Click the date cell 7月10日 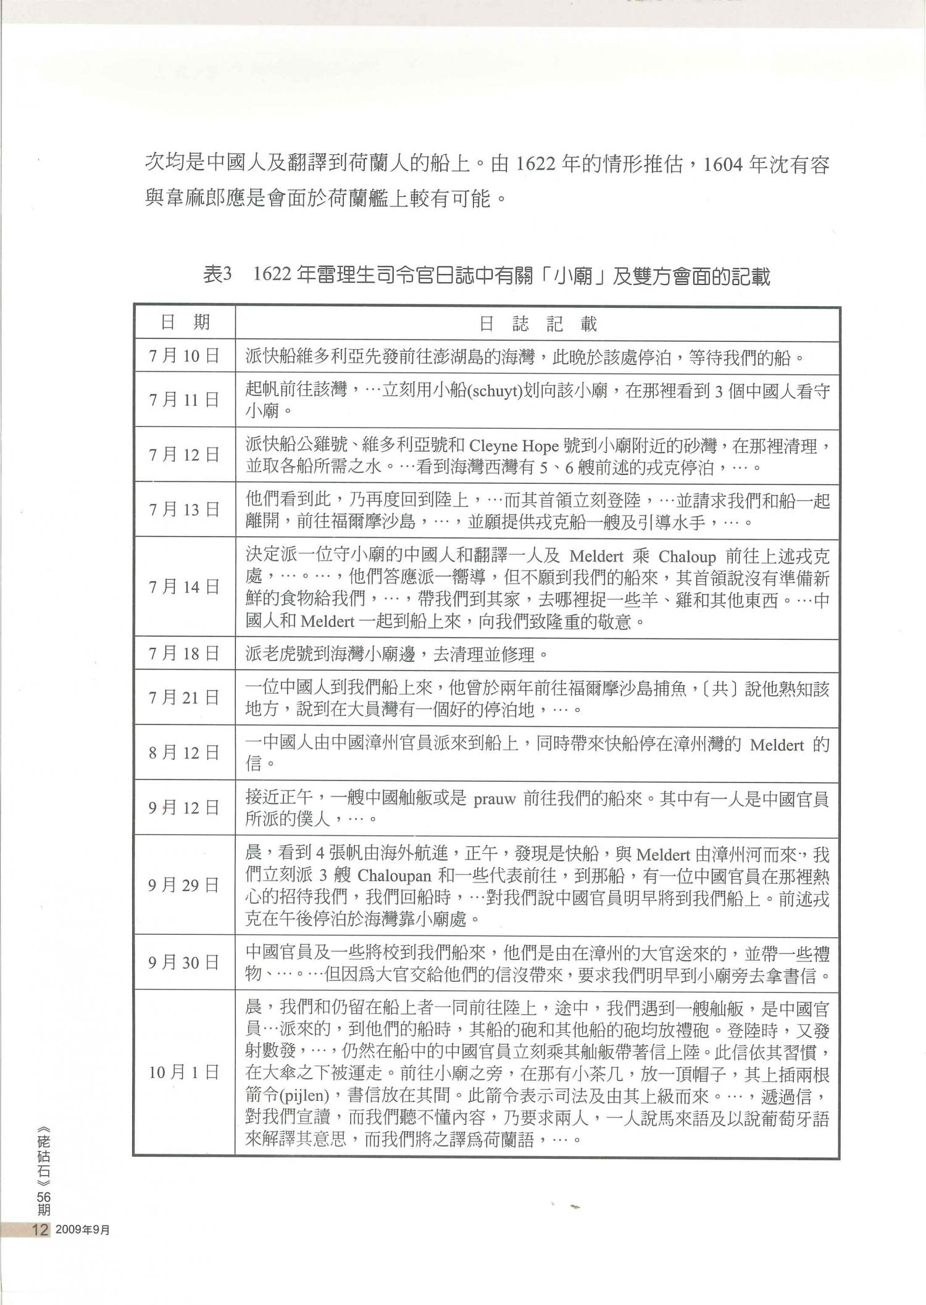184,357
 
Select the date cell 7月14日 184,587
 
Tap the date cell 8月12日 184,752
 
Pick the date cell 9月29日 184,885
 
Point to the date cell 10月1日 184,1072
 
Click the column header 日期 184,322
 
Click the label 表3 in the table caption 218,275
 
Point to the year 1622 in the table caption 272,275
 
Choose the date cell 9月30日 184,963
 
